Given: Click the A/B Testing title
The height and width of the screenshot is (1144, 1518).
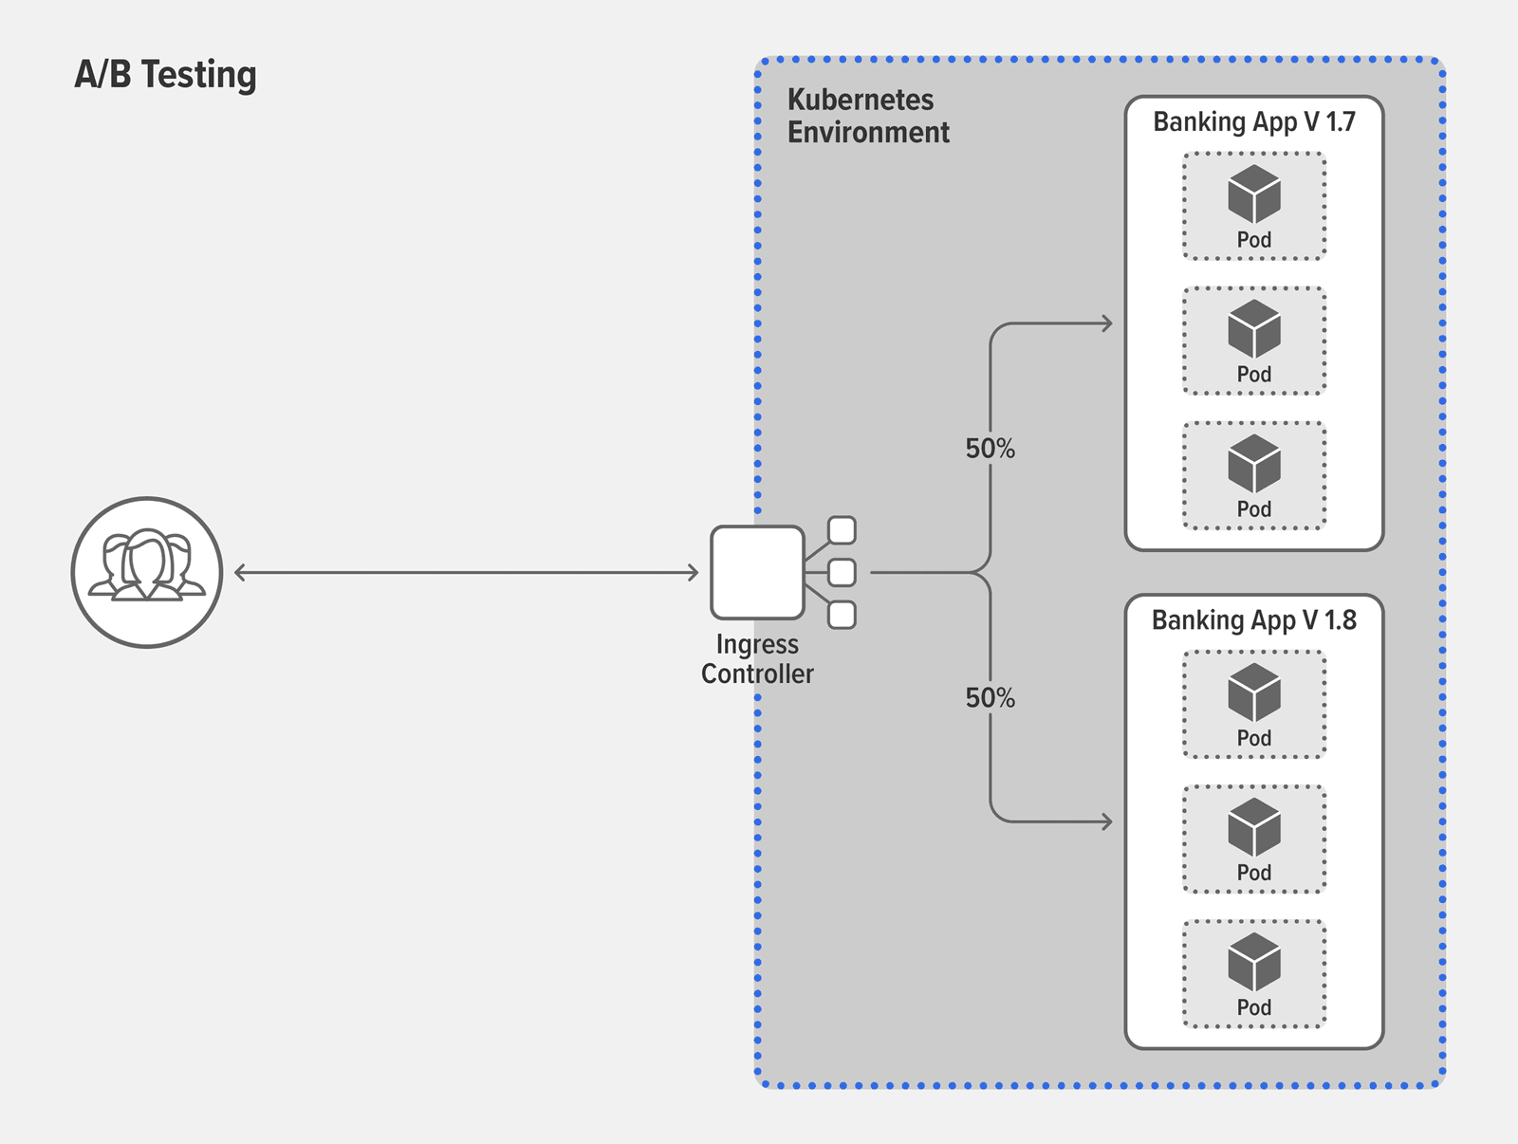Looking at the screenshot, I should tap(166, 75).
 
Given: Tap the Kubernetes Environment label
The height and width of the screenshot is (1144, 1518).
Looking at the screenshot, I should tap(867, 116).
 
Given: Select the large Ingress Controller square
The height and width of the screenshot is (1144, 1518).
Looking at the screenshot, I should tap(757, 572).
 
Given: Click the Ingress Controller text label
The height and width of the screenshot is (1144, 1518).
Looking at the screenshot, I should tap(757, 658).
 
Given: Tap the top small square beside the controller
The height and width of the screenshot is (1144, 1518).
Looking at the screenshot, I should tap(842, 530).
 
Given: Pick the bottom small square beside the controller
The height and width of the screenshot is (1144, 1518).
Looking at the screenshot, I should tap(842, 615).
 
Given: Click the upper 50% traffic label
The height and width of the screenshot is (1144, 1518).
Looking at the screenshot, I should tap(990, 449).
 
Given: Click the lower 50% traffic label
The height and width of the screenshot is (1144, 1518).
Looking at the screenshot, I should tap(990, 698).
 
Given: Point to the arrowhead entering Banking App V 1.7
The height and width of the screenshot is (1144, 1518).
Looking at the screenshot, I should tap(1107, 323).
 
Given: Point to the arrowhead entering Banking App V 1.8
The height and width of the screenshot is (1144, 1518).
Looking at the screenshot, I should tap(1107, 821).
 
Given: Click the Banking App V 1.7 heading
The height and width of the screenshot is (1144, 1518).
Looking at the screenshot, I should tap(1253, 122).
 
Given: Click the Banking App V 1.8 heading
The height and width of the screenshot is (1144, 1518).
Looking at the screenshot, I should tap(1253, 620).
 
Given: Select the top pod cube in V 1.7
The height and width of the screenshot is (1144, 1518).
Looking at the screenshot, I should tap(1253, 194).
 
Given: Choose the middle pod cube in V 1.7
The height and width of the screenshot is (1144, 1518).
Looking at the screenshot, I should tap(1253, 329).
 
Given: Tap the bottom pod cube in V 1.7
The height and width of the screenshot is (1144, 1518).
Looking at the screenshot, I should tap(1253, 464).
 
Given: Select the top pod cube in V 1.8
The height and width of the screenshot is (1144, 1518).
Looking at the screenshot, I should tap(1253, 692).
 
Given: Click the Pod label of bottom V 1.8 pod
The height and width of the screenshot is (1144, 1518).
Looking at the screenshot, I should tap(1253, 1007).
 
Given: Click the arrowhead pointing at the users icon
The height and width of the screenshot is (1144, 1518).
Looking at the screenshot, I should tap(240, 572).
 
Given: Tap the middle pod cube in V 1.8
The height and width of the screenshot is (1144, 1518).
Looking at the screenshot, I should tap(1253, 827).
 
